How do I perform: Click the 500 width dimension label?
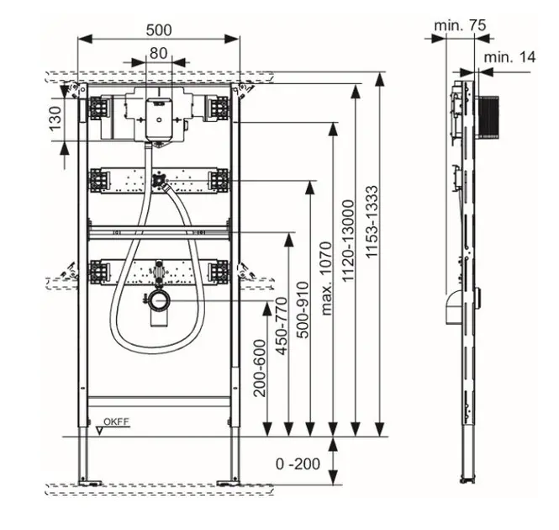tap(158, 30)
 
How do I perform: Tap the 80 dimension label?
tap(158, 53)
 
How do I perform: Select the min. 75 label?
tap(460, 26)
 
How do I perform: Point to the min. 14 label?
tap(509, 57)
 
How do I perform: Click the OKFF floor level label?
tap(116, 422)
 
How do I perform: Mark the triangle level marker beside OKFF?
tap(100, 430)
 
